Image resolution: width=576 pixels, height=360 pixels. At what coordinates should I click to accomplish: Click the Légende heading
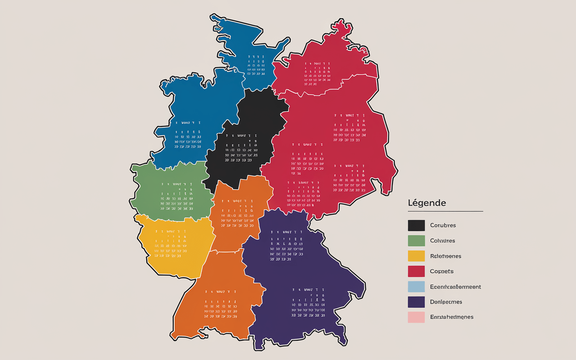point(427,203)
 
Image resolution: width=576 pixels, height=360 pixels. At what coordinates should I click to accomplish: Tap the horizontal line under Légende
point(445,211)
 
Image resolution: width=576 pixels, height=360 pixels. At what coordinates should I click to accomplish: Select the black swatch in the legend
point(416,225)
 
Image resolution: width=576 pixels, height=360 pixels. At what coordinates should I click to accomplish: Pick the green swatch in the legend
point(416,241)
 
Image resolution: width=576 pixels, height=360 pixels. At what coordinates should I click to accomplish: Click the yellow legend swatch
point(416,256)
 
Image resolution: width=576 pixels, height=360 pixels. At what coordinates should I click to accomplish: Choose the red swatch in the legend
point(416,271)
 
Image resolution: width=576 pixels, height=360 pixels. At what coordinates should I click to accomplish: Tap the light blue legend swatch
point(416,287)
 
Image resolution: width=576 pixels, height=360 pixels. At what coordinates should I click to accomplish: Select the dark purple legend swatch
point(416,302)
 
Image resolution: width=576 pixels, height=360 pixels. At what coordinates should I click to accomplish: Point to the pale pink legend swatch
point(416,317)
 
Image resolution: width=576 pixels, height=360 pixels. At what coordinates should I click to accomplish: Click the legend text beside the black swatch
point(443,225)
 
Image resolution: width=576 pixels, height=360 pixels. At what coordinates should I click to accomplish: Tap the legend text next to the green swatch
point(442,241)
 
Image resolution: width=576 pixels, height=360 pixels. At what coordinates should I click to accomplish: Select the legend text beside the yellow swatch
point(445,256)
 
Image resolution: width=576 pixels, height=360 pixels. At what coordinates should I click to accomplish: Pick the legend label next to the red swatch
point(441,271)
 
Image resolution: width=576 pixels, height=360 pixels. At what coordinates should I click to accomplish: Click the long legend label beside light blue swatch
point(455,287)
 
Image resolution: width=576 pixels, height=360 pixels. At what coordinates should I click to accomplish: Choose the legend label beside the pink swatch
point(451,317)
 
